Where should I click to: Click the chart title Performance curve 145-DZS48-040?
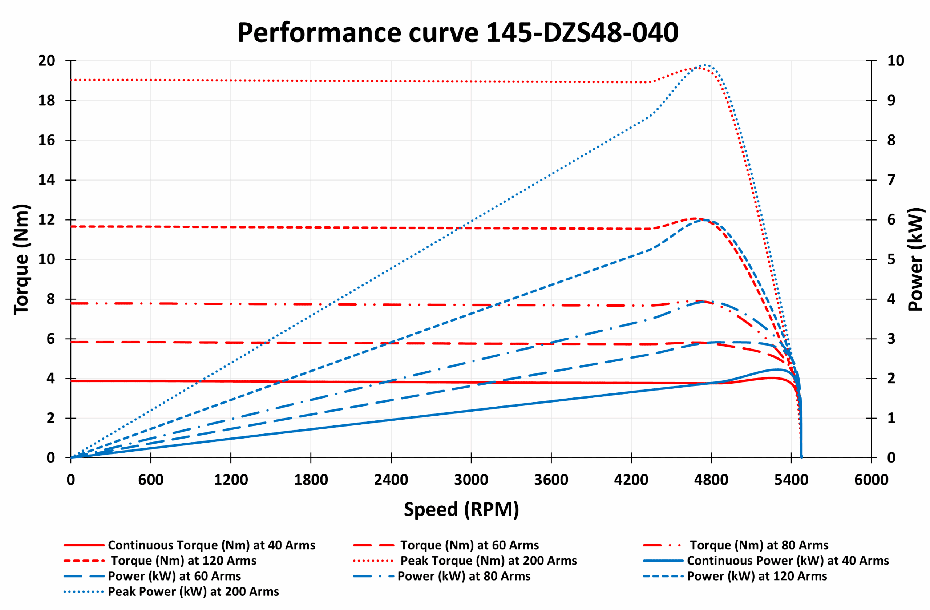(x=458, y=32)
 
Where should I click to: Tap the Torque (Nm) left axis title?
(x=21, y=259)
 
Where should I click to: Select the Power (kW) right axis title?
(x=915, y=259)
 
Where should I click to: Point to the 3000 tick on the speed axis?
(x=471, y=480)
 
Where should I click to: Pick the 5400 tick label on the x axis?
(x=791, y=480)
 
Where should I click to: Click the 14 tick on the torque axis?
(x=46, y=180)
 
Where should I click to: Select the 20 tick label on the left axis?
(x=46, y=61)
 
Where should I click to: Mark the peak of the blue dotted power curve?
(x=704, y=65)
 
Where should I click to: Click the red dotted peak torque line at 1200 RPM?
(x=231, y=81)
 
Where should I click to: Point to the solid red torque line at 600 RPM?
(x=151, y=381)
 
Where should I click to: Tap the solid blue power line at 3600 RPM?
(x=551, y=401)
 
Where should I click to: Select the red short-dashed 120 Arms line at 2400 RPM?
(x=391, y=227)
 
